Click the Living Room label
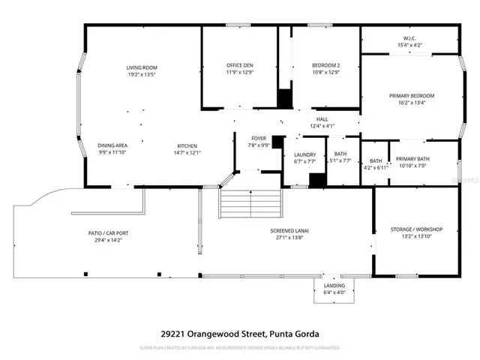142,67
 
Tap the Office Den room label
241,66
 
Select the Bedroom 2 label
326,66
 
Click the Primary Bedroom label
411,95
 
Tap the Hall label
322,118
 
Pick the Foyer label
257,137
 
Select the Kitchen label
187,145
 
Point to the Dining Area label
112,145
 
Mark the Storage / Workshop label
417,229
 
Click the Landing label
334,286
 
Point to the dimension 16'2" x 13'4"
411,103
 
